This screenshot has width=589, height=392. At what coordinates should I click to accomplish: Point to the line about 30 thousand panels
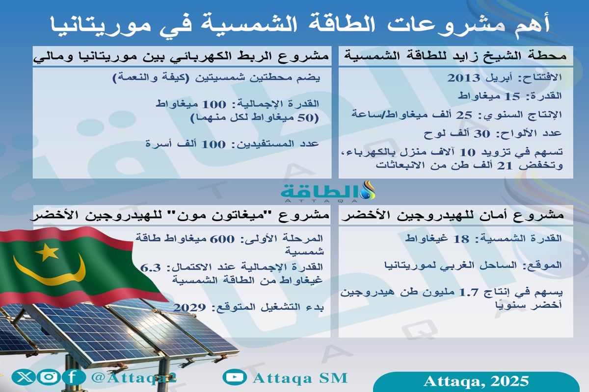(x=506, y=133)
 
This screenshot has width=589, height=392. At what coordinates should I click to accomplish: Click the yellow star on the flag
(x=47, y=252)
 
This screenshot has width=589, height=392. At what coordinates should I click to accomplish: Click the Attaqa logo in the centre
(x=328, y=191)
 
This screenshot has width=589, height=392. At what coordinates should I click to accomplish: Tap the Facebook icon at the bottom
(x=72, y=378)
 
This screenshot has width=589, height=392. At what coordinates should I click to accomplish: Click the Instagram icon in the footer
(x=48, y=378)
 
